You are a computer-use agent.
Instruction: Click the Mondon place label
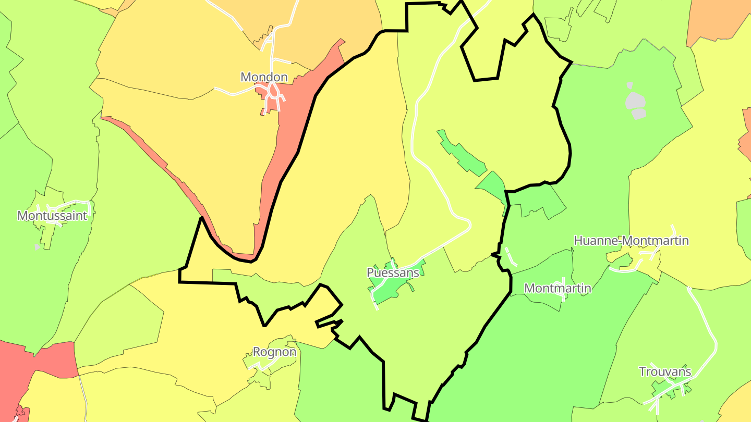coord(264,77)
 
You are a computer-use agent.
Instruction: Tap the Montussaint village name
coord(52,216)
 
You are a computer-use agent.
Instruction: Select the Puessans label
coord(393,272)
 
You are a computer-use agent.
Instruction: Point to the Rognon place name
coord(274,352)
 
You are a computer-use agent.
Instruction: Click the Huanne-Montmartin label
coord(631,241)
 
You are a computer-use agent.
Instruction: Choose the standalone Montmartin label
coord(558,288)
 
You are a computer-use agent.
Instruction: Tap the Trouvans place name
coord(665,372)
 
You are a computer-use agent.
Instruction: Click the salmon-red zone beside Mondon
coord(292,130)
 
